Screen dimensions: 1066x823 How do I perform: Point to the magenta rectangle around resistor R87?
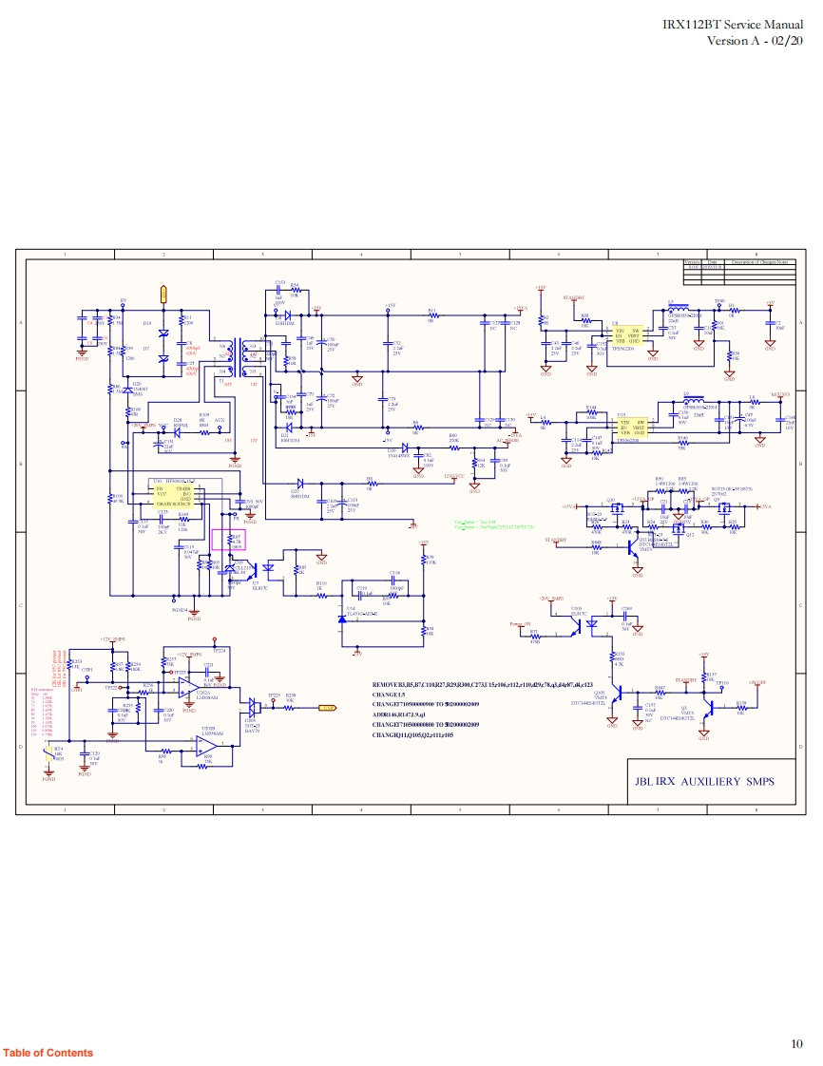[x=228, y=541]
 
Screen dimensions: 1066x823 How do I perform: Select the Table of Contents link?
[x=48, y=1053]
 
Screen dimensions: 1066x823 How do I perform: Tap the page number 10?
[x=796, y=1044]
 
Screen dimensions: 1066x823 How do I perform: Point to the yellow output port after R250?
[x=327, y=708]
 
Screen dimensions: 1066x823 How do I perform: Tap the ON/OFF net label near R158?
[x=756, y=682]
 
